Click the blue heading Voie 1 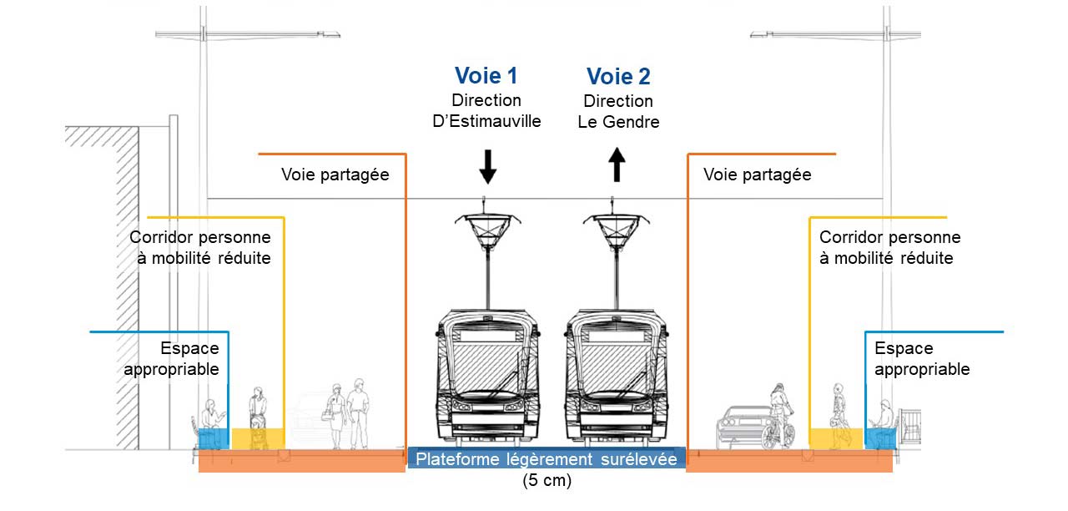coord(486,75)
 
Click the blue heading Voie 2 coord(618,76)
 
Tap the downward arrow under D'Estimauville coord(488,166)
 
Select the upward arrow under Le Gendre coord(617,164)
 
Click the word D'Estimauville coord(486,121)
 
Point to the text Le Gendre coord(618,122)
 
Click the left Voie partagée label coord(335,175)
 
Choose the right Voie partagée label coord(757,175)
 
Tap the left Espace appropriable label coord(172,359)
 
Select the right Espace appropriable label coord(922,359)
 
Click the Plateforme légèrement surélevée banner coord(547,458)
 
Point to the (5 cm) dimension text coord(547,480)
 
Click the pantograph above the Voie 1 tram coord(488,231)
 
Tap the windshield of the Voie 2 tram coord(617,368)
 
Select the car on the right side coord(742,428)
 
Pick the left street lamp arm coord(248,34)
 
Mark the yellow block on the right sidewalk coord(836,439)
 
